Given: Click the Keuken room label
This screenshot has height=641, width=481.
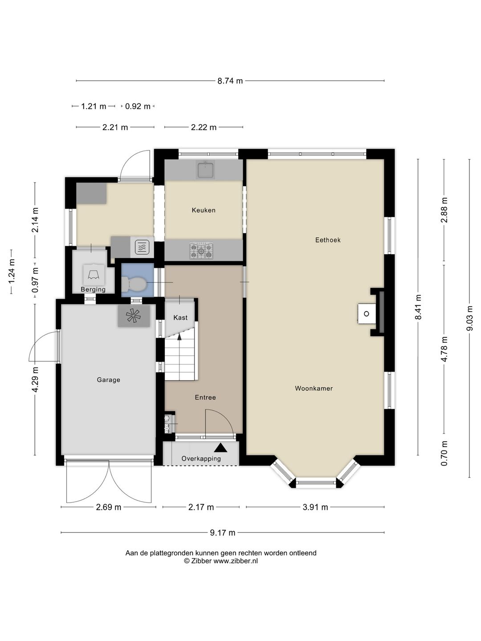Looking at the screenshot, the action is (x=204, y=210).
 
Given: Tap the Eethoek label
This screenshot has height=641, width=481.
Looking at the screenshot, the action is (x=328, y=240).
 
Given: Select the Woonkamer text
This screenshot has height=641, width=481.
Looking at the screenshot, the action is (x=314, y=388).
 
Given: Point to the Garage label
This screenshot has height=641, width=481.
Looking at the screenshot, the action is (x=108, y=380).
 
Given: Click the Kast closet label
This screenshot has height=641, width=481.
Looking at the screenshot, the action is (x=180, y=317).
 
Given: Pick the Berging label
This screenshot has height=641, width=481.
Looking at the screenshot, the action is (x=93, y=289).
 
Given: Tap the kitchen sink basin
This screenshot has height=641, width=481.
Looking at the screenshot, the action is (x=205, y=170).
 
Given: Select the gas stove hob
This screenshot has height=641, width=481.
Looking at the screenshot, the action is (x=201, y=251).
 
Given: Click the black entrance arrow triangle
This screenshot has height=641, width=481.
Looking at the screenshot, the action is (x=220, y=447).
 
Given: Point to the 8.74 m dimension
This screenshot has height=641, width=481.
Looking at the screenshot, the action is (x=230, y=81).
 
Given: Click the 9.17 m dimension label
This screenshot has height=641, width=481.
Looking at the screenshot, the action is (x=223, y=533).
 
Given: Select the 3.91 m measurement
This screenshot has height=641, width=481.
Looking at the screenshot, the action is (x=315, y=507).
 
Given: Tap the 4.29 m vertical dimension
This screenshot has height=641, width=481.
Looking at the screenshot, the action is (x=35, y=379).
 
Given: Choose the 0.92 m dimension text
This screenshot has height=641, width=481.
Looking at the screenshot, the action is (x=138, y=106).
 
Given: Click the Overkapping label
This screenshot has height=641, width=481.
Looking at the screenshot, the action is (x=201, y=458).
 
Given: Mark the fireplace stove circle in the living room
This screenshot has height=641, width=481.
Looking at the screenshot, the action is (x=367, y=314).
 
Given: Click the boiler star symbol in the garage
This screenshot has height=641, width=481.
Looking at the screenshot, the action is (x=133, y=316).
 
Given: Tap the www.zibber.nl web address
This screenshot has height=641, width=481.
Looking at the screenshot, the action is (x=236, y=561).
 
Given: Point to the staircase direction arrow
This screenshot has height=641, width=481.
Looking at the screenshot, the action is (x=179, y=337).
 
